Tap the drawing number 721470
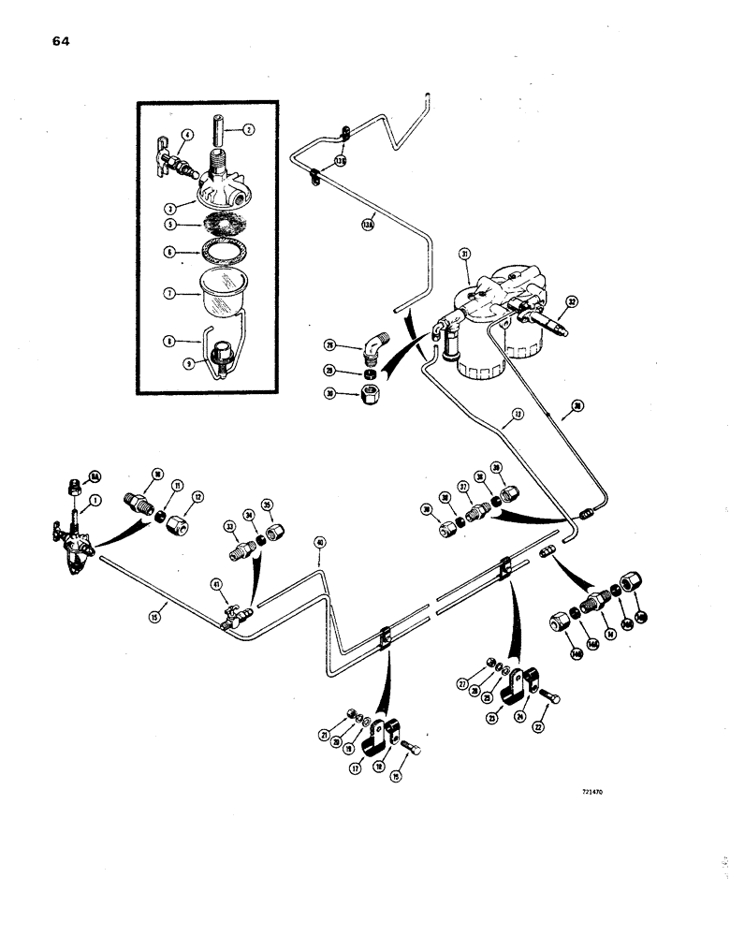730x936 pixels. pos(591,791)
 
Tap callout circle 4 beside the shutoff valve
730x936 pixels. pos(188,137)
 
